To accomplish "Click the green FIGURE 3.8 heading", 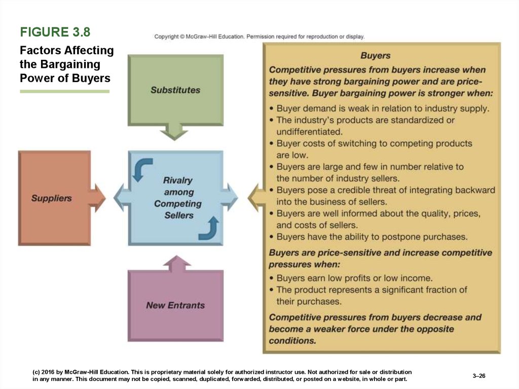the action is click(55, 32).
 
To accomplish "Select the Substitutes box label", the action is click(175, 90).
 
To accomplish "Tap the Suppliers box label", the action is click(51, 198).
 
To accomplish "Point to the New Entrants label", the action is click(175, 305).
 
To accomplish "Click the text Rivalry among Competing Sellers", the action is click(178, 198).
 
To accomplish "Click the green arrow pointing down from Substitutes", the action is click(174, 132).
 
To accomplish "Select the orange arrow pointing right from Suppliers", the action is click(97, 198).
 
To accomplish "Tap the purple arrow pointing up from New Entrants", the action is click(177, 264).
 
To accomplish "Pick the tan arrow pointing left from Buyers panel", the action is click(256, 198).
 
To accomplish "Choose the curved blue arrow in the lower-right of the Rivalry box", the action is click(210, 229).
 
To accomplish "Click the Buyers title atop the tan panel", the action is click(376, 55).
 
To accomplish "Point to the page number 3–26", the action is click(478, 376).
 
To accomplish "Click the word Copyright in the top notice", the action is click(166, 37).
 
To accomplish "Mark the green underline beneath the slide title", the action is click(64, 91).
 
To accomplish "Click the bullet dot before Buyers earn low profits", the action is click(272, 278).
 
